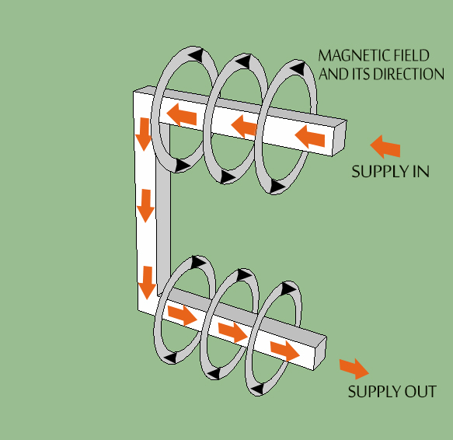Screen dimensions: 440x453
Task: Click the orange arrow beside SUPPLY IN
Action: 385,146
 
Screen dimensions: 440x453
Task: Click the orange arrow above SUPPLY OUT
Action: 354,368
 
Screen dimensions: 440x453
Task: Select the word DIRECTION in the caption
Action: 409,74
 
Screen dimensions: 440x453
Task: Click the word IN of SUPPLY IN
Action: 420,171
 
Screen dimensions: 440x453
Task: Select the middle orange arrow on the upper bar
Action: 244,124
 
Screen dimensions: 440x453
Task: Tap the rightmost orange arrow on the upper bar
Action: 310,138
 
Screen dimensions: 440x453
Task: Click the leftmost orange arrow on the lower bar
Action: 183,316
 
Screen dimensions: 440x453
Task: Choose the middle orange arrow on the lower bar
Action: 232,332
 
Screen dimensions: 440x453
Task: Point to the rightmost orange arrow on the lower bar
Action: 284,349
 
